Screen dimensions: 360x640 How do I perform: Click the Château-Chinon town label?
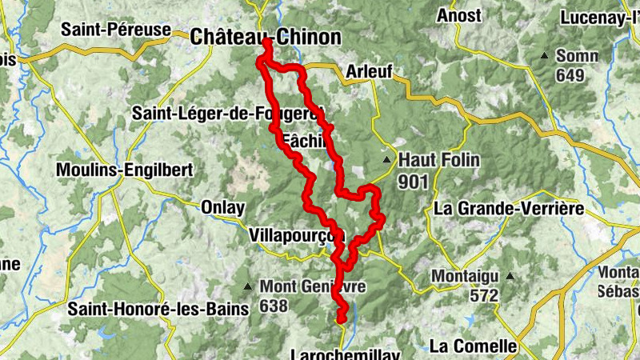[x=266, y=37]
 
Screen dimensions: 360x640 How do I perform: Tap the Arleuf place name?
[x=370, y=72]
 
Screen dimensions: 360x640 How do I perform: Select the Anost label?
[x=459, y=15]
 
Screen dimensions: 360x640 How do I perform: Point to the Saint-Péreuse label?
[x=116, y=30]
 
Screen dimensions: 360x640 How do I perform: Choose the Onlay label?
[x=222, y=207]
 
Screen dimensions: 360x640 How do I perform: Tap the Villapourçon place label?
[x=296, y=236]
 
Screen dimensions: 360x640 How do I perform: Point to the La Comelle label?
[x=474, y=346]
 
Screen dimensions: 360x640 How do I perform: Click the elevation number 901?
[x=413, y=182]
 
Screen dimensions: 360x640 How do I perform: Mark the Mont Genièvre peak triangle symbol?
[x=248, y=286]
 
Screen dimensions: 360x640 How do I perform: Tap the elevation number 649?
[x=571, y=76]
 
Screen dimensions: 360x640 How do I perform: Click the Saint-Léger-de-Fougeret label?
[x=226, y=112]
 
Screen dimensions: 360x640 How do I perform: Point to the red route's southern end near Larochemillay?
[x=342, y=319]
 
